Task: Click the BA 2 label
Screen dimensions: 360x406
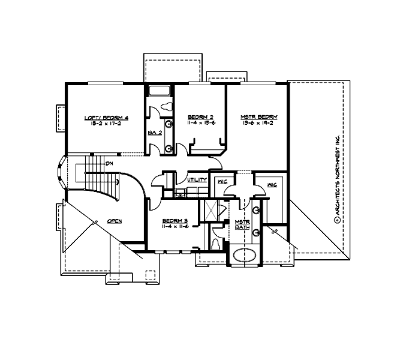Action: coord(154,133)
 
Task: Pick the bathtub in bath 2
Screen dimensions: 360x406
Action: coord(160,92)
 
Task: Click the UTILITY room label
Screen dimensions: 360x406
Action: coord(197,179)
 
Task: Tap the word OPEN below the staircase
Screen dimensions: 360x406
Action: coord(115,221)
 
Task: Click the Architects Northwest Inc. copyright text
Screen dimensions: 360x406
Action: coord(337,180)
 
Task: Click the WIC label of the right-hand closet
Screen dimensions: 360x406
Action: coord(271,184)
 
